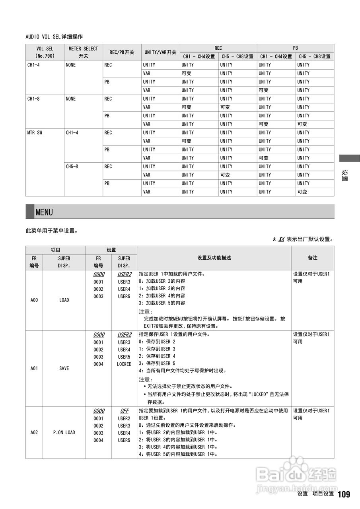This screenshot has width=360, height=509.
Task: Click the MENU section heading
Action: coord(44,212)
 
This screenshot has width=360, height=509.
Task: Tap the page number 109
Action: coord(344,494)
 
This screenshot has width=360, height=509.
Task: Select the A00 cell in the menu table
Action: coord(34,300)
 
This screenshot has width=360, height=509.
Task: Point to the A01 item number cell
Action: coord(34,368)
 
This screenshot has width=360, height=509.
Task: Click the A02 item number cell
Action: coord(34,432)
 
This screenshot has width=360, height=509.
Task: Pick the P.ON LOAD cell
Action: coord(64,432)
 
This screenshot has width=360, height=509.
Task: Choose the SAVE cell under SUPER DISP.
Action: coord(64,368)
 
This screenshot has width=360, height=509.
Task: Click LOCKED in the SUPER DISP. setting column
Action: coord(124,364)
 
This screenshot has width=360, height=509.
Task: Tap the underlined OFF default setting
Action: coord(124,411)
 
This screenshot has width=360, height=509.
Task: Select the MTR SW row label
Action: coord(35,133)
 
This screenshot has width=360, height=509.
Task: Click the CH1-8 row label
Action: coord(33,99)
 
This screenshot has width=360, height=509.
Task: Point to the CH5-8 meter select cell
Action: coord(72,167)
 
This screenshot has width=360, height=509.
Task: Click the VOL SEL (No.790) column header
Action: coord(45,52)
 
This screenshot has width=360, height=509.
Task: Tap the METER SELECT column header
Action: coord(83,52)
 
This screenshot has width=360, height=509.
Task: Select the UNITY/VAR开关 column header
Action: coord(160,52)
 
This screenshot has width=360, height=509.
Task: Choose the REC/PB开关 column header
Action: coord(122,52)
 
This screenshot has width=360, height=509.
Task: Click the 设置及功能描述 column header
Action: coord(214,258)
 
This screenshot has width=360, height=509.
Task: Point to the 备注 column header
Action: coord(313,258)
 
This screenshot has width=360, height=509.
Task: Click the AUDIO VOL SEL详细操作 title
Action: coord(54,37)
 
